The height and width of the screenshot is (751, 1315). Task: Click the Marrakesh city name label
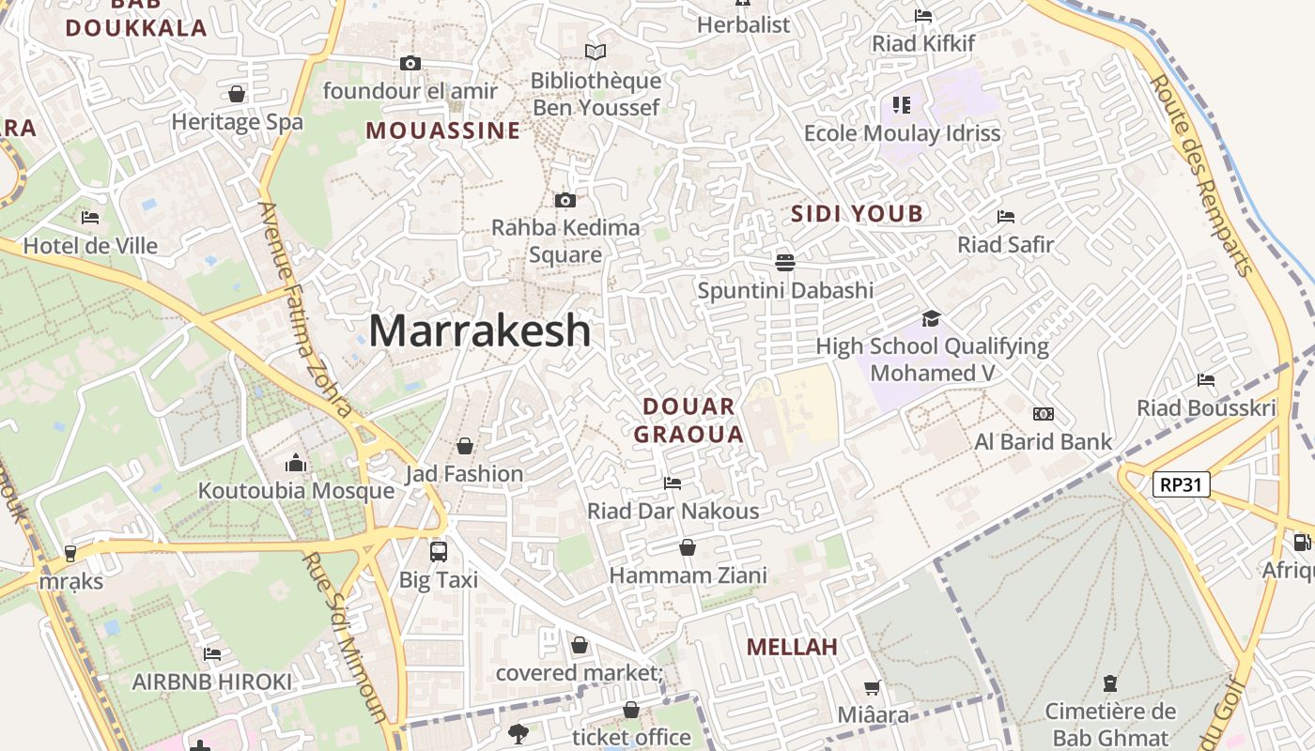[x=479, y=330]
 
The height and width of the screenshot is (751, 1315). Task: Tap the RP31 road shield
[x=1181, y=484]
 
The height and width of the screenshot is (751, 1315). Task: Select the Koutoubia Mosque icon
[x=296, y=463]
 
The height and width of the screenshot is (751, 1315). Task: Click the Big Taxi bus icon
[x=439, y=551]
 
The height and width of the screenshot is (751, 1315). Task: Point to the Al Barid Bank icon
[x=1043, y=414]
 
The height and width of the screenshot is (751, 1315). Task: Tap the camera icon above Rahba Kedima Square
[x=565, y=200]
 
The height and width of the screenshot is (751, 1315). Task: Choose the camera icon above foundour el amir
[x=410, y=64]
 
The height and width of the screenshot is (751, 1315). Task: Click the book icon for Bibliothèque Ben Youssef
[x=596, y=53]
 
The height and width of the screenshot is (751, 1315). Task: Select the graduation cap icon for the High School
[x=930, y=318]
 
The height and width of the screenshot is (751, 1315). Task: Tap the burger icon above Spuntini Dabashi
[x=785, y=262]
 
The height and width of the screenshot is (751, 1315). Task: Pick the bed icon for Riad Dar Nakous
[x=673, y=483]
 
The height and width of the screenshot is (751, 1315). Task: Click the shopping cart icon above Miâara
[x=873, y=687]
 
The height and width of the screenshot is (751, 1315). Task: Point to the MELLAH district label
[x=792, y=647]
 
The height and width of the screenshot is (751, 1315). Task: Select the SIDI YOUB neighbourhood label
[x=857, y=214]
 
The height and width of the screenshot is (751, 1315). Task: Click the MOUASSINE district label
[x=442, y=130]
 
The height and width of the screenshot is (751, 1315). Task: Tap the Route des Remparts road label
[x=1201, y=176]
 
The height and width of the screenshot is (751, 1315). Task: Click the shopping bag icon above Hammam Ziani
[x=688, y=547]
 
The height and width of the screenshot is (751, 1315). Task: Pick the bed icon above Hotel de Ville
[x=90, y=218]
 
